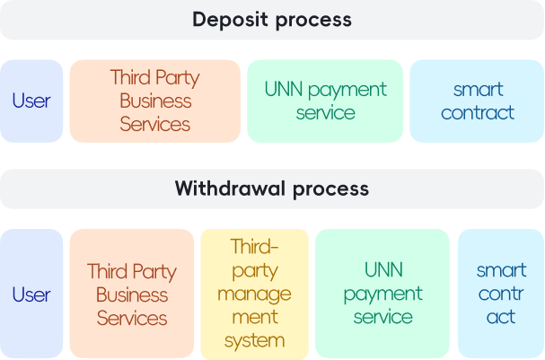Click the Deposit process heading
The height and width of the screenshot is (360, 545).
pyautogui.click(x=271, y=20)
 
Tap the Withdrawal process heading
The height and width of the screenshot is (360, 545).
pyautogui.click(x=271, y=189)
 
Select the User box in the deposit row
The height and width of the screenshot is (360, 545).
pyautogui.click(x=31, y=101)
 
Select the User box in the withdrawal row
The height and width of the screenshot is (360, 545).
pyautogui.click(x=31, y=294)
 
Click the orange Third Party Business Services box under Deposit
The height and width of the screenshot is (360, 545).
pyautogui.click(x=154, y=101)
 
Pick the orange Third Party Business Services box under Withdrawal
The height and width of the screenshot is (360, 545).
pyautogui.click(x=132, y=294)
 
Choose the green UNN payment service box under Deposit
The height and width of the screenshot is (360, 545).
pyautogui.click(x=325, y=101)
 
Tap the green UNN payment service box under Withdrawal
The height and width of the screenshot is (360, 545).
pyautogui.click(x=382, y=294)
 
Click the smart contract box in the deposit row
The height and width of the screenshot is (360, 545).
pyautogui.click(x=478, y=101)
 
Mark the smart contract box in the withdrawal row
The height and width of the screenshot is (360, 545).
pyautogui.click(x=501, y=294)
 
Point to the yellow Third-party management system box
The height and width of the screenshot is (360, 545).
pyautogui.click(x=255, y=294)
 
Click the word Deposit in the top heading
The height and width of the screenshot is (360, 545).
pyautogui.click(x=230, y=20)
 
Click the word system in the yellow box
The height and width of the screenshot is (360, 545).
pyautogui.click(x=255, y=341)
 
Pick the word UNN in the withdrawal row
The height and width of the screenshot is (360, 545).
pyautogui.click(x=383, y=270)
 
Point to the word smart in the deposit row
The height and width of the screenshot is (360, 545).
pyautogui.click(x=478, y=89)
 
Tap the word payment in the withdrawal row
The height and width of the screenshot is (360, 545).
pyautogui.click(x=382, y=294)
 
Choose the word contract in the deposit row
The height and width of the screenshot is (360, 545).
pyautogui.click(x=478, y=112)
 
